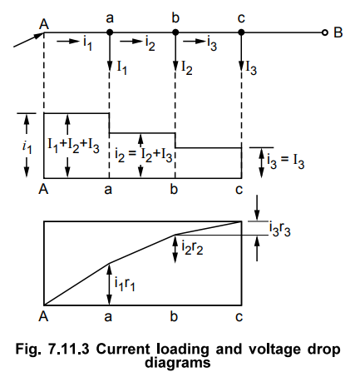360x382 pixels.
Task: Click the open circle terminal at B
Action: click(x=325, y=32)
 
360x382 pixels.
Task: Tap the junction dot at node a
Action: click(x=110, y=32)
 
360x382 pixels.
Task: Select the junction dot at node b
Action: click(x=175, y=32)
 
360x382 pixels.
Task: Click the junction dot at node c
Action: click(x=241, y=32)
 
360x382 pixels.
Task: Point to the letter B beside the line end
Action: click(x=338, y=32)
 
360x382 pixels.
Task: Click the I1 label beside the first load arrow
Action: click(x=122, y=68)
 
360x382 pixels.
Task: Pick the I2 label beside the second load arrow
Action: click(x=187, y=68)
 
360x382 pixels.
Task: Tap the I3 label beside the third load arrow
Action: click(x=252, y=68)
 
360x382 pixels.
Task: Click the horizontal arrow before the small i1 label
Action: click(x=68, y=42)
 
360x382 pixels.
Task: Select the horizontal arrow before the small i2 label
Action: click(x=131, y=42)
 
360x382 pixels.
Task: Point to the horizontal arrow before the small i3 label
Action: click(x=194, y=42)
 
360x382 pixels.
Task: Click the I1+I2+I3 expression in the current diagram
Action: click(x=73, y=146)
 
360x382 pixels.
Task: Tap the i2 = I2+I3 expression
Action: click(x=144, y=156)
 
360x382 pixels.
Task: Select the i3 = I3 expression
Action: click(x=286, y=161)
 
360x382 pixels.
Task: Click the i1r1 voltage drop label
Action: click(x=125, y=284)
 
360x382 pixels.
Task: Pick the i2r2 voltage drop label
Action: click(x=192, y=247)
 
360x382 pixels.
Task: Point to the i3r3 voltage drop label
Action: click(x=280, y=229)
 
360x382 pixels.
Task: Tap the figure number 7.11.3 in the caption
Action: click(x=69, y=349)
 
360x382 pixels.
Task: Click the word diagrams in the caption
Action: click(x=178, y=362)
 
